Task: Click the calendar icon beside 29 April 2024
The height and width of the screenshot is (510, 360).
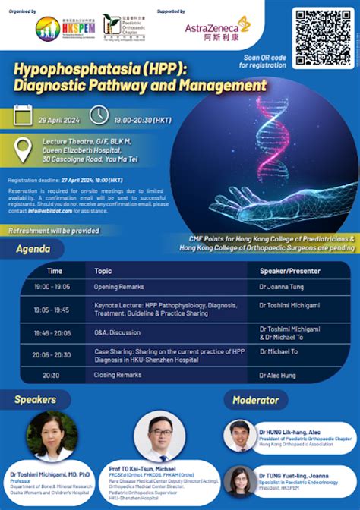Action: coord(24,115)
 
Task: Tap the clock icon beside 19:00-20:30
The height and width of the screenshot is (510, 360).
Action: coord(99,115)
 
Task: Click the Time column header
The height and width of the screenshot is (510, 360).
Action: coord(55,271)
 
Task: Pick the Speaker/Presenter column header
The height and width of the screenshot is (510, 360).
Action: coord(289,271)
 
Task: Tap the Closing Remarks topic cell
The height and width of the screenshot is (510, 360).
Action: coord(118,375)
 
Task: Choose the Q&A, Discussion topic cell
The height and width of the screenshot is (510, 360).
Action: coord(118,332)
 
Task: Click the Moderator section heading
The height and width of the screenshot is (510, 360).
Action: coord(255,399)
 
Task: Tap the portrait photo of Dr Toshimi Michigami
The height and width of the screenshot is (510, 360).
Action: coord(52,434)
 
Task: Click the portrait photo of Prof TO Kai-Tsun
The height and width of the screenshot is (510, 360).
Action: coord(159,437)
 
